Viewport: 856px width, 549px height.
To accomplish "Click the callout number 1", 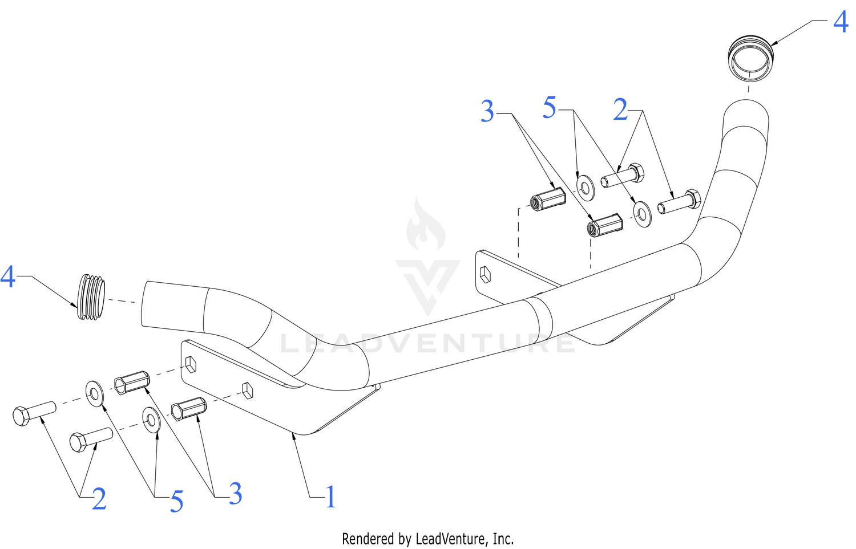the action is tap(330, 497).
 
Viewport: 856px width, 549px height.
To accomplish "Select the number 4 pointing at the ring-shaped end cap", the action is tap(841, 22).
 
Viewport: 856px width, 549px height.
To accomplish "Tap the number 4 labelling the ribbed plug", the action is tap(7, 277).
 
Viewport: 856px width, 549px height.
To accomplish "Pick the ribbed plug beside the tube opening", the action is tap(91, 296).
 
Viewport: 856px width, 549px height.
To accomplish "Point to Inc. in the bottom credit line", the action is tap(503, 539).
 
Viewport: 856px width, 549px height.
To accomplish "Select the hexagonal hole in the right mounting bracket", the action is tap(485, 275).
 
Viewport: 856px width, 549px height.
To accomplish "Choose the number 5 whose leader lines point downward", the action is tap(550, 108).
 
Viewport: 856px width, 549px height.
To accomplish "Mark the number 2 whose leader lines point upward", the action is tap(99, 499).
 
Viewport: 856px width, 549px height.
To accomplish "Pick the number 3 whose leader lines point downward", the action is tap(487, 111).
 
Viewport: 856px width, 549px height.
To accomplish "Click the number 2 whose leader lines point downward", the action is tap(620, 109).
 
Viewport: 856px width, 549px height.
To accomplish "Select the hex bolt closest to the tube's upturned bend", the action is tap(679, 201).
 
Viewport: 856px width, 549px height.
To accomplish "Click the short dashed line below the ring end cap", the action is tap(748, 90).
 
